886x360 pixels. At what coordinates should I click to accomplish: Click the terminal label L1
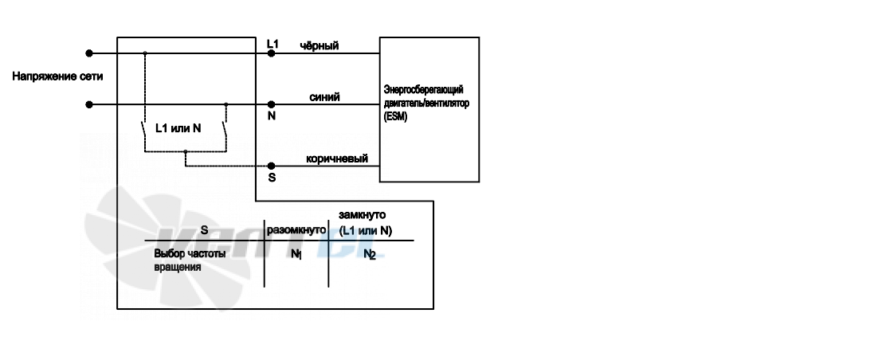tap(272, 44)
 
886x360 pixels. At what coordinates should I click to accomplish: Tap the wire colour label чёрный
tap(320, 45)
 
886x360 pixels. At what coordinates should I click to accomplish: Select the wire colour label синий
tap(324, 97)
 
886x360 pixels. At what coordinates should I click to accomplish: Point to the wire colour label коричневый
tap(337, 158)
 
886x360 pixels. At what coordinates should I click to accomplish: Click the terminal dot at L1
tap(271, 53)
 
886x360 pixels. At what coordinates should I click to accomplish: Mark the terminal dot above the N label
tap(271, 104)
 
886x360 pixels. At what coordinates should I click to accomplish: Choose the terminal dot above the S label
tap(271, 166)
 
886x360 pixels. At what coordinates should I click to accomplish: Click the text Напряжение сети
tap(57, 76)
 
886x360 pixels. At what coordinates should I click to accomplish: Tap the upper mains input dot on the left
tap(88, 53)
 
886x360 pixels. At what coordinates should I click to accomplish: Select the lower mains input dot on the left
tap(88, 104)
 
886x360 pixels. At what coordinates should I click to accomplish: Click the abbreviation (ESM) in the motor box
tap(395, 117)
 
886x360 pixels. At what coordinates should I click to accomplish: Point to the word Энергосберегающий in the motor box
tap(423, 89)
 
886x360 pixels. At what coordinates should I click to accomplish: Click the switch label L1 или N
tap(178, 128)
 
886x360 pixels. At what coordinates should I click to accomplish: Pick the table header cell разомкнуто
tap(296, 230)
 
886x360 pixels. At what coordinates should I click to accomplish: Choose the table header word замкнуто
tap(363, 215)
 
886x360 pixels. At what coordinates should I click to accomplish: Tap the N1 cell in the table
tap(296, 255)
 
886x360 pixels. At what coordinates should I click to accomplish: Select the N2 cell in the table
tap(370, 255)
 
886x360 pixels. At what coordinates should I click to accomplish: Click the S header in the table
tap(205, 230)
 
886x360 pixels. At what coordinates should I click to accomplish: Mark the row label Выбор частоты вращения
tap(190, 260)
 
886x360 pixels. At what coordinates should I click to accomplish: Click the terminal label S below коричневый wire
tap(272, 178)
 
